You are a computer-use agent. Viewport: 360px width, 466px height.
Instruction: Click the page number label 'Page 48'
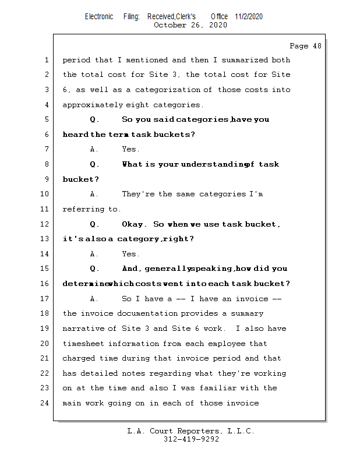click(305, 46)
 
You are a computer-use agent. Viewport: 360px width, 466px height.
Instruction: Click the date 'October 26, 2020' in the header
click(190, 25)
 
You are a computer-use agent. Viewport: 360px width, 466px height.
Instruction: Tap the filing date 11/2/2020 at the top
click(249, 16)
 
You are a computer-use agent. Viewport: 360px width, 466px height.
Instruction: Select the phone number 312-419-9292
click(191, 440)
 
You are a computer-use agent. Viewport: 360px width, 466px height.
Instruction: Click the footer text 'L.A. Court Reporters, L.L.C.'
click(190, 431)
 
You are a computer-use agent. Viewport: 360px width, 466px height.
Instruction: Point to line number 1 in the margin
click(46, 60)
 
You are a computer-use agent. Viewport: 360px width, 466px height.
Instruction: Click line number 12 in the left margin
click(44, 224)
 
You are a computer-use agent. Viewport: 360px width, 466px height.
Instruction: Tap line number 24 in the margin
click(44, 403)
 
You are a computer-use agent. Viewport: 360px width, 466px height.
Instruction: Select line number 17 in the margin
click(44, 299)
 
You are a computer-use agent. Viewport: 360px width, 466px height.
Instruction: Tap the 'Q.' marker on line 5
click(95, 120)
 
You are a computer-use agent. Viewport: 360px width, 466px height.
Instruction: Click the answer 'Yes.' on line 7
click(130, 150)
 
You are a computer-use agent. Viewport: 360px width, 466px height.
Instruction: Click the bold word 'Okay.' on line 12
click(135, 224)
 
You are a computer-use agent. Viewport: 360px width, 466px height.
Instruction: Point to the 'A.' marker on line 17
click(95, 299)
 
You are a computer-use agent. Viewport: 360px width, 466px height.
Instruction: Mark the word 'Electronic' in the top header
click(99, 16)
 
